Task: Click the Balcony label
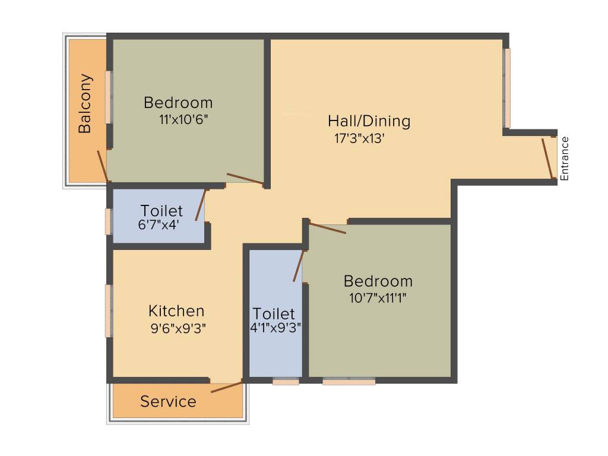pyautogui.click(x=85, y=103)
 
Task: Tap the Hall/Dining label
pyautogui.click(x=369, y=121)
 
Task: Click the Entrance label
pyautogui.click(x=565, y=159)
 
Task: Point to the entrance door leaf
pyautogui.click(x=548, y=159)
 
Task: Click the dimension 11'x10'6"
pyautogui.click(x=183, y=118)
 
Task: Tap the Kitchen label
pyautogui.click(x=176, y=311)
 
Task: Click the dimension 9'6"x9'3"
pyautogui.click(x=178, y=327)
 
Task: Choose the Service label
pyautogui.click(x=168, y=402)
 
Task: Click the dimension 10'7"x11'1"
pyautogui.click(x=378, y=297)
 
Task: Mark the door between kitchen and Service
pyautogui.click(x=226, y=387)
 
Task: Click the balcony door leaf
pyautogui.click(x=103, y=166)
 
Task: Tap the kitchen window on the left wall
pyautogui.click(x=109, y=311)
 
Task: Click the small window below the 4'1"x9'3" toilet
pyautogui.click(x=286, y=382)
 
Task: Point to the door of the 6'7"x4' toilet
pyautogui.click(x=201, y=205)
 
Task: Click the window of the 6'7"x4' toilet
pyautogui.click(x=109, y=221)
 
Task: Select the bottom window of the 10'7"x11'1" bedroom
pyautogui.click(x=349, y=382)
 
